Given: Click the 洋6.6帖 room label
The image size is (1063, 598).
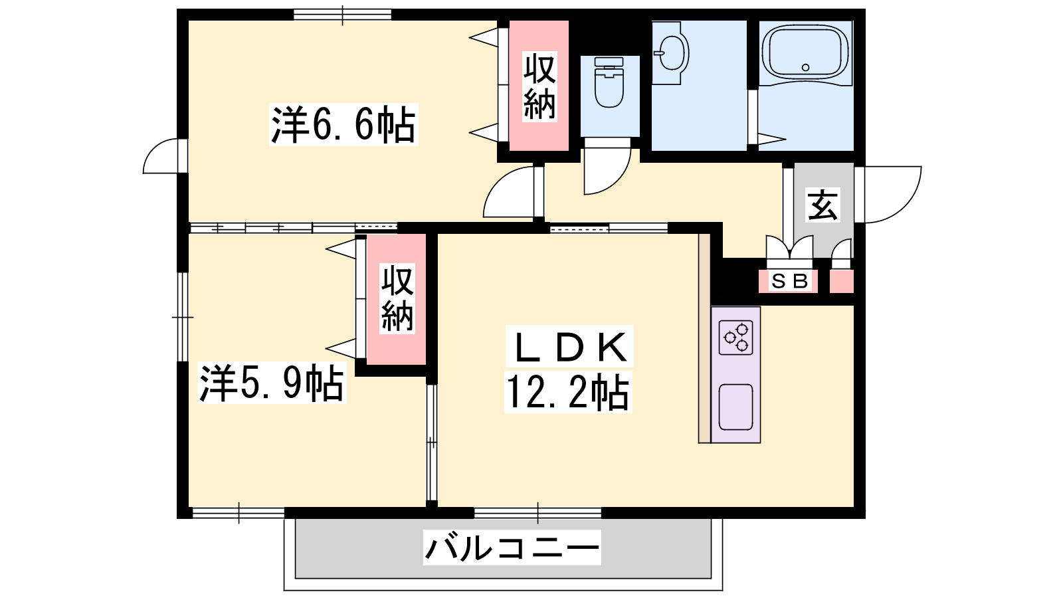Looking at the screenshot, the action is coord(343,124).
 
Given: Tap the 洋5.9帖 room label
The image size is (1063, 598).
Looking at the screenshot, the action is coord(272,383).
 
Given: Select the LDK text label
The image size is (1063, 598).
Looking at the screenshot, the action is coord(569,346).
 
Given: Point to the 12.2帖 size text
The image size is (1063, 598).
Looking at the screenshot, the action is coord(568,392).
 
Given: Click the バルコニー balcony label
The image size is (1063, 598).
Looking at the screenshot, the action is coord(512,548).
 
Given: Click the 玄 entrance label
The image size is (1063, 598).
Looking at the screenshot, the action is coord(823,205).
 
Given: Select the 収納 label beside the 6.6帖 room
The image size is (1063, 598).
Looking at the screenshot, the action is coord(539,86).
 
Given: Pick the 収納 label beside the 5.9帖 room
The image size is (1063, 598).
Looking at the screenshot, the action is coord(398,298).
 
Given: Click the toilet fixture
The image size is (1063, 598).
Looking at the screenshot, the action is coord(609,82).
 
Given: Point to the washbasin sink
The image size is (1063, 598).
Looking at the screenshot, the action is coord(670,53).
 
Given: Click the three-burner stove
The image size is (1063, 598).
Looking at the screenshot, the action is coord(735,338).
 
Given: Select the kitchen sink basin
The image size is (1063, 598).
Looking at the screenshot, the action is coord(735,407).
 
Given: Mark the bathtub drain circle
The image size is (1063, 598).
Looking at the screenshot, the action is coord(805,67).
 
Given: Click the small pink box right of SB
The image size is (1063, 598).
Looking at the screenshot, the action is coord(841,282).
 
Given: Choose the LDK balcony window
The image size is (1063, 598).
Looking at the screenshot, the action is coord(537,513).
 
